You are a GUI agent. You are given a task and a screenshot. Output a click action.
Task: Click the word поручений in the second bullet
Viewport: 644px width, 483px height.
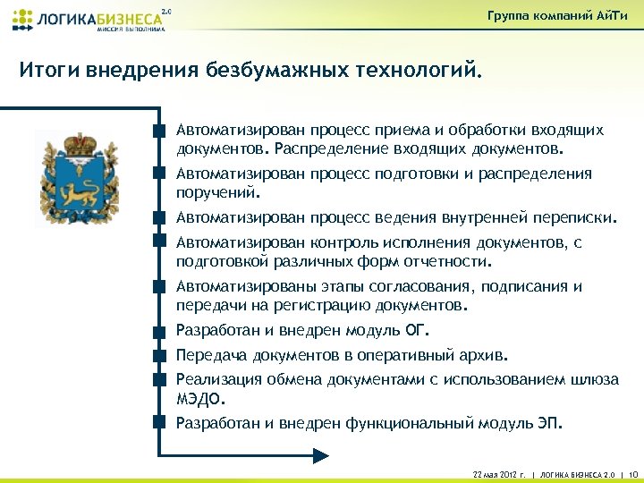[x=216, y=191]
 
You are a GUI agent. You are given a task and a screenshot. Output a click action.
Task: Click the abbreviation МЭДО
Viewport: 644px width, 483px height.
[x=198, y=398]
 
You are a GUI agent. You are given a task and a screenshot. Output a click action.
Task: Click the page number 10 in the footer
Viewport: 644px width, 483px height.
[x=634, y=472]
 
